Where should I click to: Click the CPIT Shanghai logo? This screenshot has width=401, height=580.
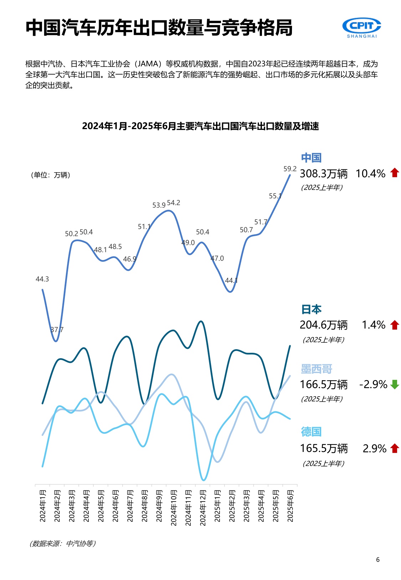[x=361, y=28]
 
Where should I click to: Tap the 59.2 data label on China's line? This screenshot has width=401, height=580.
[x=290, y=169]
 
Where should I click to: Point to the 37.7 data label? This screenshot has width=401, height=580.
[x=57, y=330]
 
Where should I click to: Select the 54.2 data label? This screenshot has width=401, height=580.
[x=174, y=203]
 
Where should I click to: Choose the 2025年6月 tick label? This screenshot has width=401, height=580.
[x=290, y=506]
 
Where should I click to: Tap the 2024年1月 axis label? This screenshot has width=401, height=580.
[x=43, y=506]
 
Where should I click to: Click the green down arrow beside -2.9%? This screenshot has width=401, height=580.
[x=395, y=385]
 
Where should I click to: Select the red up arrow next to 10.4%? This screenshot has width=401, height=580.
[x=395, y=173]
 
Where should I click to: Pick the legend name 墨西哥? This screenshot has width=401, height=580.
[x=316, y=369]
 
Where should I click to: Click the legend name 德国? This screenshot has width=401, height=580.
[x=311, y=432]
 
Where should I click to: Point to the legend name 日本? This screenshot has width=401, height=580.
[x=311, y=309]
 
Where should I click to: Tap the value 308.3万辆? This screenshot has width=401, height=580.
[x=323, y=174]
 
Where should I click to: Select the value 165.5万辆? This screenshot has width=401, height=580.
[x=324, y=448]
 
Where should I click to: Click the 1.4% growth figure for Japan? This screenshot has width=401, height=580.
[x=373, y=325]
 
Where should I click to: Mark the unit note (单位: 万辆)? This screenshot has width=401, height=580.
[x=50, y=175]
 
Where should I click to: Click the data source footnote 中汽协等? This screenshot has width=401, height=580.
[x=63, y=543]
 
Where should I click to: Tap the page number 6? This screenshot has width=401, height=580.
[x=378, y=560]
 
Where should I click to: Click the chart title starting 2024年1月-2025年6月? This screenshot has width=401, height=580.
[x=200, y=126]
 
